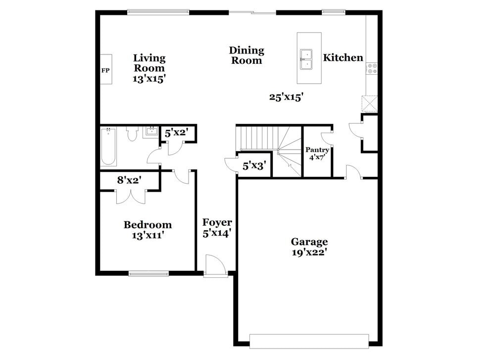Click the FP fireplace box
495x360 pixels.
[105, 70]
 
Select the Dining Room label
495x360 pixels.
[247, 55]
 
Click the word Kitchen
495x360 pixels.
[343, 58]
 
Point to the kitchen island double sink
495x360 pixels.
[306, 58]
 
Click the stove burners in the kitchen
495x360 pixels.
[372, 68]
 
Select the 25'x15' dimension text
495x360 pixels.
[286, 97]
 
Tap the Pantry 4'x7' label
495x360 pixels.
[317, 154]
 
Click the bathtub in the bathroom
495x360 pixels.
[108, 146]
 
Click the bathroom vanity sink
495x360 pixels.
[150, 132]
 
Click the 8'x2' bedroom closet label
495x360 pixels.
[130, 180]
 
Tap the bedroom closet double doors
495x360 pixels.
[131, 196]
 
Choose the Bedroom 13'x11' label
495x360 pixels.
[148, 230]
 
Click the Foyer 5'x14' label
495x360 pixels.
[217, 228]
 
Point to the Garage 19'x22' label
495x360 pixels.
[309, 247]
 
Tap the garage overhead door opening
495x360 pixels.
[309, 341]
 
